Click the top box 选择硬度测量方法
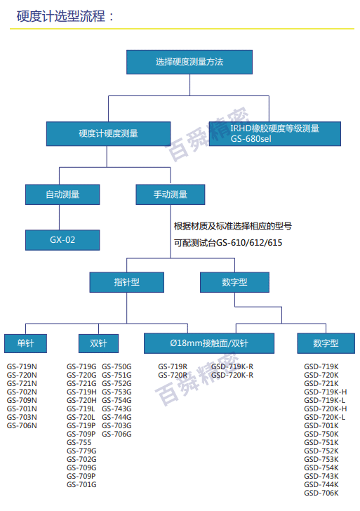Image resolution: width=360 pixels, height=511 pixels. point(189,62)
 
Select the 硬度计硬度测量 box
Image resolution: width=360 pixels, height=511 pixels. point(109,133)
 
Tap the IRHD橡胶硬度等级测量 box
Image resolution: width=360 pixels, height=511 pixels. point(274,133)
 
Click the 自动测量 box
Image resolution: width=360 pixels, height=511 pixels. point(62,194)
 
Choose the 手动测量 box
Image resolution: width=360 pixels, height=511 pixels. point(171,194)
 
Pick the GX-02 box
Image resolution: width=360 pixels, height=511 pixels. point(62,240)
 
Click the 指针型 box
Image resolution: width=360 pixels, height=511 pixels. point(127,282)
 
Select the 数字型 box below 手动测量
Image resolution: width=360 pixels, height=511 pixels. point(234,282)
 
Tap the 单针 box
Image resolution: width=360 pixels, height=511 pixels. point(25,343)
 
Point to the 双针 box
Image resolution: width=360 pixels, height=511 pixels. point(98,343)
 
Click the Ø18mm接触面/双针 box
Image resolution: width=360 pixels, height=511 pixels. point(209,343)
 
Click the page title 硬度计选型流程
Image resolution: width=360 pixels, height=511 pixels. point(61,16)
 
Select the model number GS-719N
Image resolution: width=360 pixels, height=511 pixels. point(22,366)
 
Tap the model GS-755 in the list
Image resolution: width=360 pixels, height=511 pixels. point(79,442)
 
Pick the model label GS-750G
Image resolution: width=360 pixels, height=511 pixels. point(116,366)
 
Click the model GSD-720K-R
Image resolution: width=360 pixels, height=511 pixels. point(232,375)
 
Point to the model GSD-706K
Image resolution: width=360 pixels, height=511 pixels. point(321,493)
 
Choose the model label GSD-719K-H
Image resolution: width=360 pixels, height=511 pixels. point(326,392)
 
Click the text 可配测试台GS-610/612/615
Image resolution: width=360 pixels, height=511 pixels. point(228,243)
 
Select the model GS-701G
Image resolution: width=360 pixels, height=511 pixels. point(81,484)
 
